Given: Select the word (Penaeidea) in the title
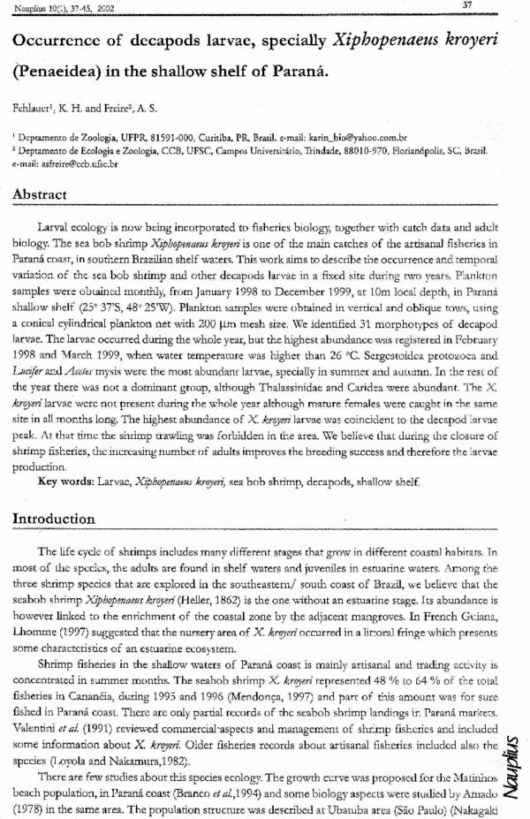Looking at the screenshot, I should click(64, 70).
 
